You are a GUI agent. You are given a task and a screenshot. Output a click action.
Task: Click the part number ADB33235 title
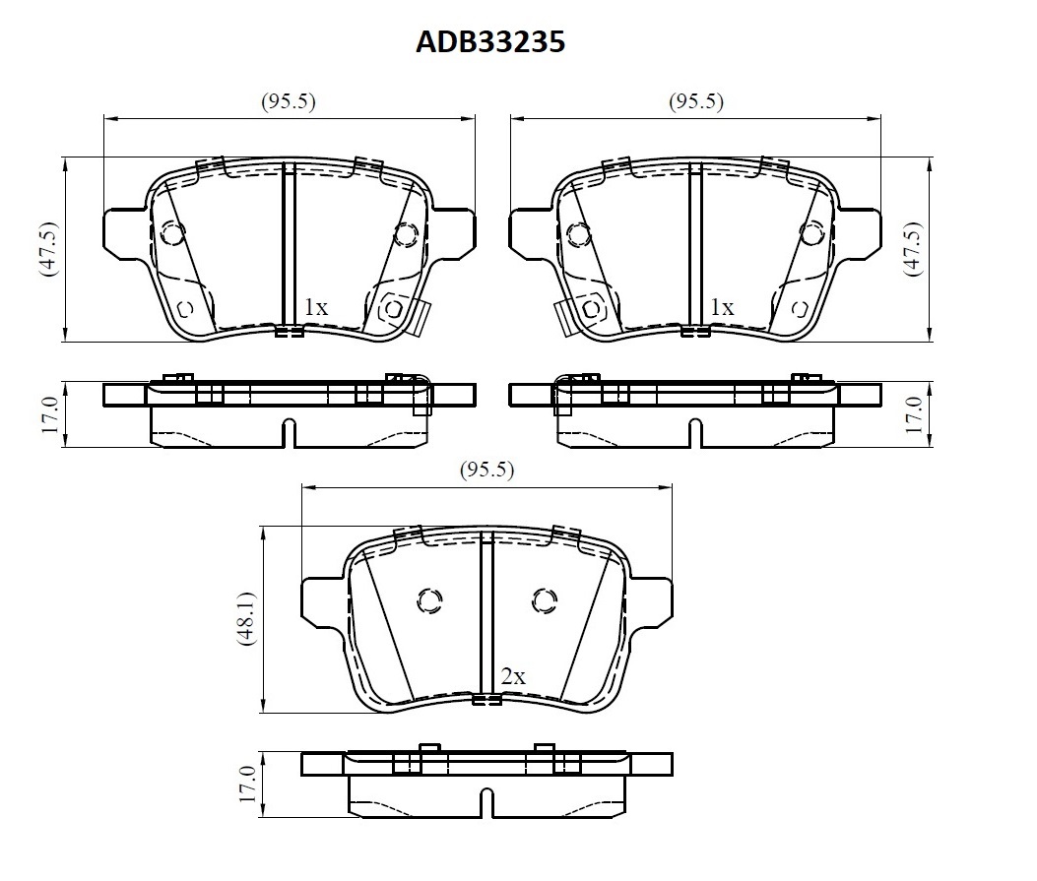(x=490, y=41)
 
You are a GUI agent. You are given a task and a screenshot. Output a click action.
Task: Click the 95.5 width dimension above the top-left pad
(x=289, y=101)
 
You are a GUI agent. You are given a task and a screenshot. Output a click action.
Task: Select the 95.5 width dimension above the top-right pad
(x=695, y=101)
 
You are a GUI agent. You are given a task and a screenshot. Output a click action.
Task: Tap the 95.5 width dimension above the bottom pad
(x=486, y=470)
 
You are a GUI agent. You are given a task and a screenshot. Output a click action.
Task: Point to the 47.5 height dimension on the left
(x=49, y=249)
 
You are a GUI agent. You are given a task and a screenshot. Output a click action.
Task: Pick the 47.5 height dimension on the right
(x=913, y=249)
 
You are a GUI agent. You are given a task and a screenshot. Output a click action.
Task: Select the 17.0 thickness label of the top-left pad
(x=49, y=415)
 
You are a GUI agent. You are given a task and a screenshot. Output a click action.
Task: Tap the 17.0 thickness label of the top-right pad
(x=913, y=415)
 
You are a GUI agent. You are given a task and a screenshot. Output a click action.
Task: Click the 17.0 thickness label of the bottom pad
(x=246, y=785)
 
